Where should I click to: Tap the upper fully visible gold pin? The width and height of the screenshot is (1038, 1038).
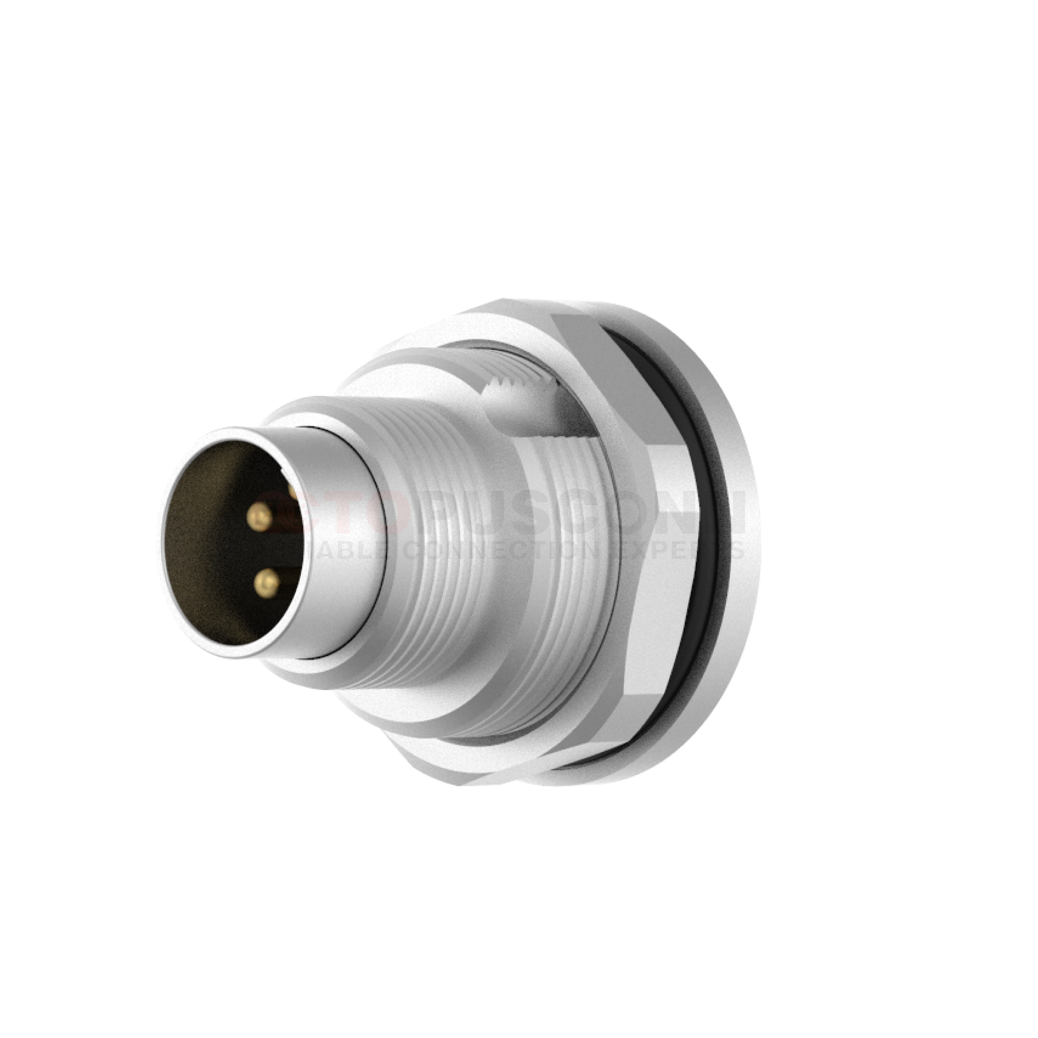coord(260,516)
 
